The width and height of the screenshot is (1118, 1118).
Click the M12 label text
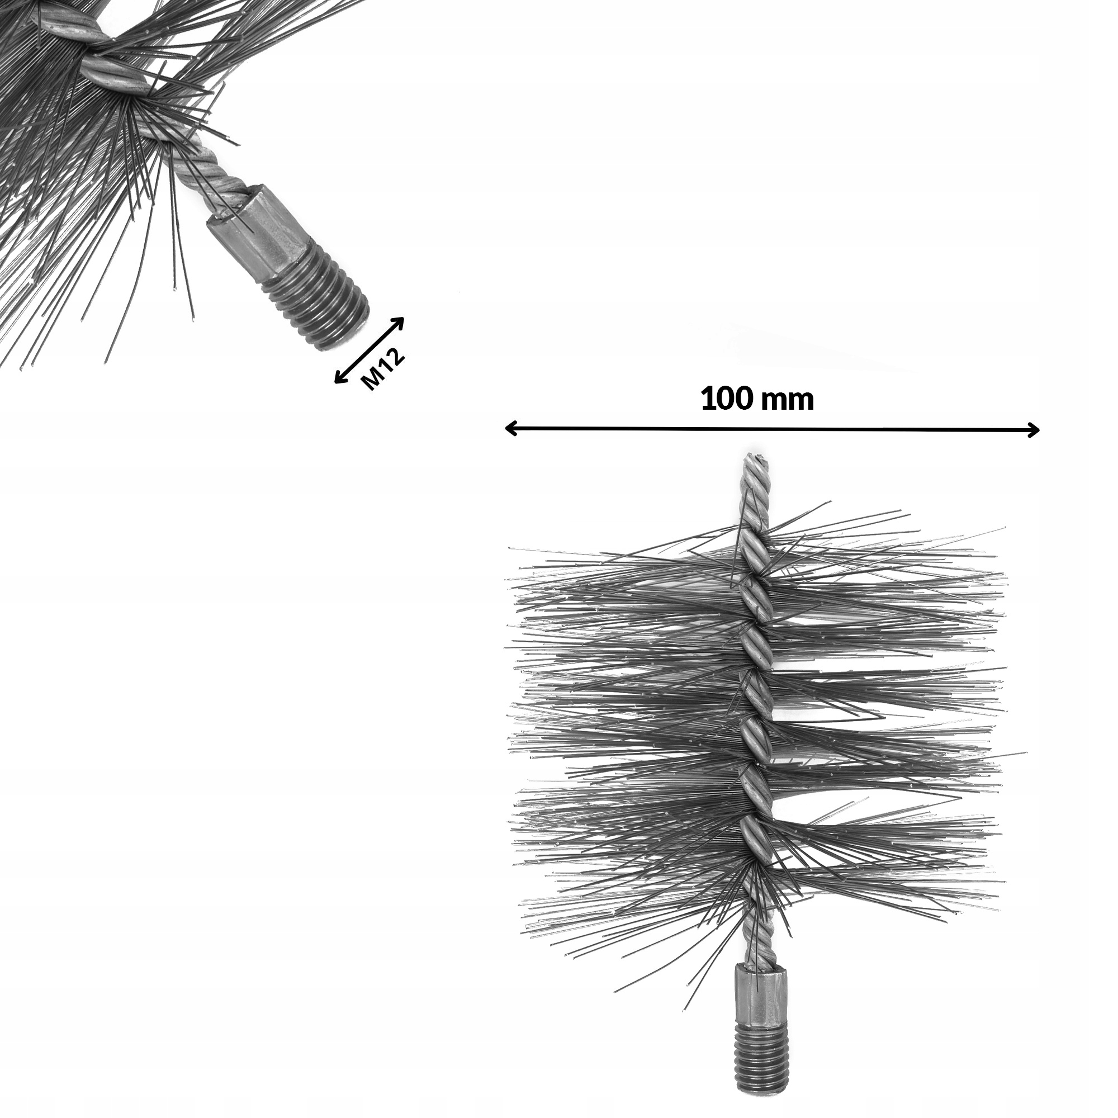pyautogui.click(x=382, y=371)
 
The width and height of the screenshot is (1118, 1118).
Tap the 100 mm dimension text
pyautogui.click(x=757, y=399)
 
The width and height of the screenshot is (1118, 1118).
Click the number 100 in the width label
pyautogui.click(x=726, y=399)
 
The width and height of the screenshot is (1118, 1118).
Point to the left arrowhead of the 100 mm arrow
pyautogui.click(x=509, y=429)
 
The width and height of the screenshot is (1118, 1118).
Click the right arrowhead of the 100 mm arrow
pyautogui.click(x=1035, y=430)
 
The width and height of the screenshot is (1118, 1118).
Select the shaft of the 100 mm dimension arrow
pyautogui.click(x=770, y=429)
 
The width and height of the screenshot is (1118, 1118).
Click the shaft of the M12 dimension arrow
pyautogui.click(x=369, y=350)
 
